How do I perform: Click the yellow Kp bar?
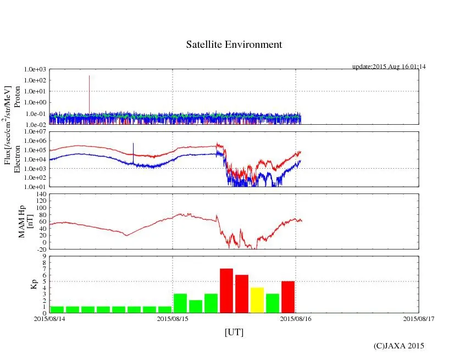(x=257, y=300)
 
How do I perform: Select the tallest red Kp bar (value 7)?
(x=226, y=290)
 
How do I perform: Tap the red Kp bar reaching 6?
(x=242, y=293)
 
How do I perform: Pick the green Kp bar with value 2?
(x=196, y=306)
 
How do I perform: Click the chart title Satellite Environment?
(x=234, y=45)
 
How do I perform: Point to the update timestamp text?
(x=389, y=67)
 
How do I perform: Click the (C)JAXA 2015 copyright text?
(x=399, y=346)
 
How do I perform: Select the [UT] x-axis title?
(x=234, y=332)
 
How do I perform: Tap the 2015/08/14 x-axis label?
(x=49, y=318)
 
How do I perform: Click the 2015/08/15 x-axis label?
(x=173, y=318)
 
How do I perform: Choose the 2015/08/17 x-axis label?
(x=419, y=318)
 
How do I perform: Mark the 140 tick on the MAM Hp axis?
(x=41, y=194)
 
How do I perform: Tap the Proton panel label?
(x=17, y=97)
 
